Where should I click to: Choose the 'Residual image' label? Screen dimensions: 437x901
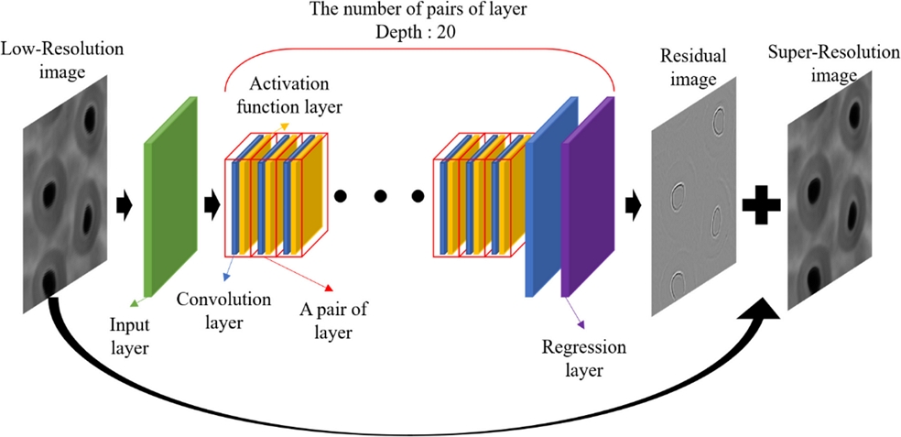(x=692, y=67)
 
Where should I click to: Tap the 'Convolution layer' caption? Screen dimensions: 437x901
(x=223, y=311)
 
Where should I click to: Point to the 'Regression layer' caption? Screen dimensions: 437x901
(x=584, y=358)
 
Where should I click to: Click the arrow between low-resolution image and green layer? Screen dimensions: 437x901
(x=123, y=203)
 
